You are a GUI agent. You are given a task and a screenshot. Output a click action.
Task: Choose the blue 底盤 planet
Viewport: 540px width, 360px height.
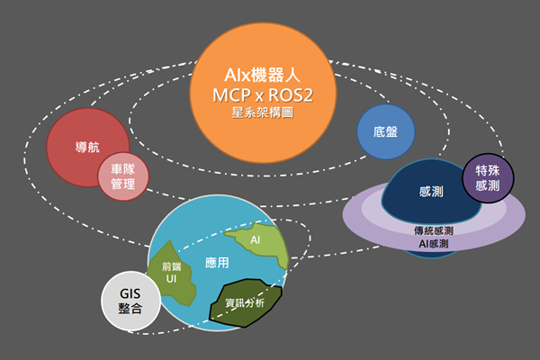click(386, 131)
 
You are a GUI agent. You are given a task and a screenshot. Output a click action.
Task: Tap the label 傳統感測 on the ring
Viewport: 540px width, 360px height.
click(433, 230)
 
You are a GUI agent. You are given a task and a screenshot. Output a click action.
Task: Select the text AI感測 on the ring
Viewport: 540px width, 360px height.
click(433, 244)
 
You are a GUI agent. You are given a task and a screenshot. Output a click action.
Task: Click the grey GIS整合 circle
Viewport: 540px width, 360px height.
click(130, 301)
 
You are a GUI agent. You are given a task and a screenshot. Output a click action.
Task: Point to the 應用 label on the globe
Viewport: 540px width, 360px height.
click(217, 263)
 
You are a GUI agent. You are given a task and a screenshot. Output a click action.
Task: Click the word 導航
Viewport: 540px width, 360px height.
click(86, 148)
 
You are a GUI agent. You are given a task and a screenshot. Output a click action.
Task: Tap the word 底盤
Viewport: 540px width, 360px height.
click(386, 131)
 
